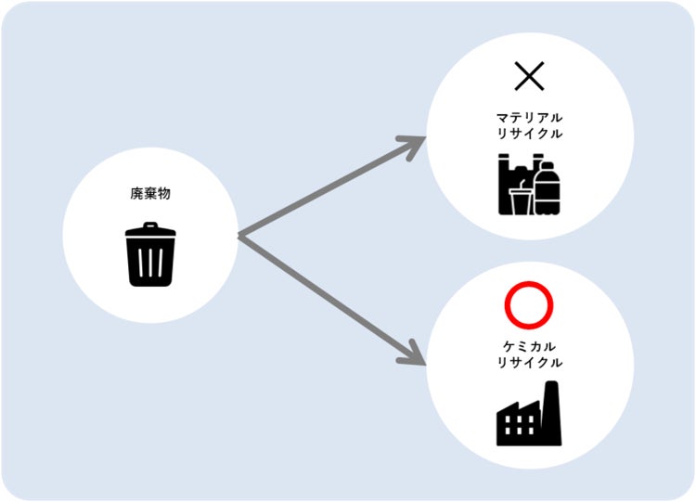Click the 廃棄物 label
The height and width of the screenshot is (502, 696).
point(149,195)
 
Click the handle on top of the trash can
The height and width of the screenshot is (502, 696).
point(149,224)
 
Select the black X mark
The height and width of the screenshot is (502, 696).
point(529,77)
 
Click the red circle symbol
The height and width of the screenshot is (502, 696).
point(529,305)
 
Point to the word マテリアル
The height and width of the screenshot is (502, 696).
point(529,119)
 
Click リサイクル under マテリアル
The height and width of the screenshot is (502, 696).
point(529,135)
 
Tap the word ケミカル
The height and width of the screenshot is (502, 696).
point(529,345)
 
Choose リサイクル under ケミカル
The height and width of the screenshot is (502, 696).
point(529,362)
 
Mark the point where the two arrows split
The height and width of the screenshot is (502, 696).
point(238,236)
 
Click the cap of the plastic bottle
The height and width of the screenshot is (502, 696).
point(548,166)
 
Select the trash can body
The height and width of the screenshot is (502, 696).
point(149,262)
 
